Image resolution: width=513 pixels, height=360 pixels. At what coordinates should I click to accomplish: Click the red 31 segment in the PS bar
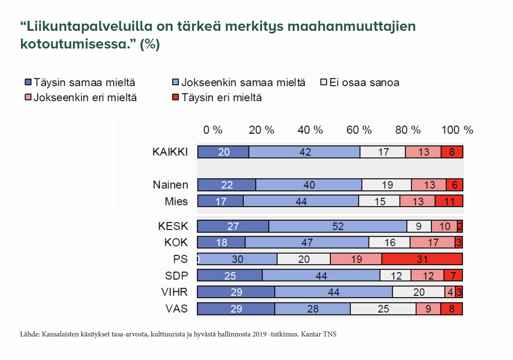coord(422,259)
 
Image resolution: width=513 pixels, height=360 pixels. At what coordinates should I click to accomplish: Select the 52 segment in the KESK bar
coord(337,226)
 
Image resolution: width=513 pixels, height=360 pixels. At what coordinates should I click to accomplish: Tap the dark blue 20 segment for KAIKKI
coord(223,152)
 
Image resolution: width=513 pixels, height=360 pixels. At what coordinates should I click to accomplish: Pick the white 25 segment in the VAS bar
coord(383,309)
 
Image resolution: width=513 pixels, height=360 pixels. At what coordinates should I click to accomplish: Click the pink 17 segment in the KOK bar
coord(433,242)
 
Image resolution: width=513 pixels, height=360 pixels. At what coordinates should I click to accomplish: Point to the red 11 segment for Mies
coord(449,201)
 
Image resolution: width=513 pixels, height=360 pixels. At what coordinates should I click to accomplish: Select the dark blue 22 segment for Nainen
coord(226,185)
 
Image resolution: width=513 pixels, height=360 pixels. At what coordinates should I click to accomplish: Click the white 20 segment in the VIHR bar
coord(418,292)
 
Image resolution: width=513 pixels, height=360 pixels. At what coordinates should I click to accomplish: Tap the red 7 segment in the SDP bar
coord(453,276)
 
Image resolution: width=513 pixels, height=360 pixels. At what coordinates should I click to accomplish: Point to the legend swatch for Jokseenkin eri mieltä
coord(28,97)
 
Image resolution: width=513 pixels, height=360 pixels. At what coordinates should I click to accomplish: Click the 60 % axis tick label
coord(359,130)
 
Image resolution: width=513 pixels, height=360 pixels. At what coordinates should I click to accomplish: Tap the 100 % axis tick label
coord(457,130)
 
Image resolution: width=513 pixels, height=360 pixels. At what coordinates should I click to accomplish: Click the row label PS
coord(180,259)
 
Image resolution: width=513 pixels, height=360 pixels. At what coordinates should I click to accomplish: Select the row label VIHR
coord(174,292)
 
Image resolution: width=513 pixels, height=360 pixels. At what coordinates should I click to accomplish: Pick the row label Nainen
coord(171,185)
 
